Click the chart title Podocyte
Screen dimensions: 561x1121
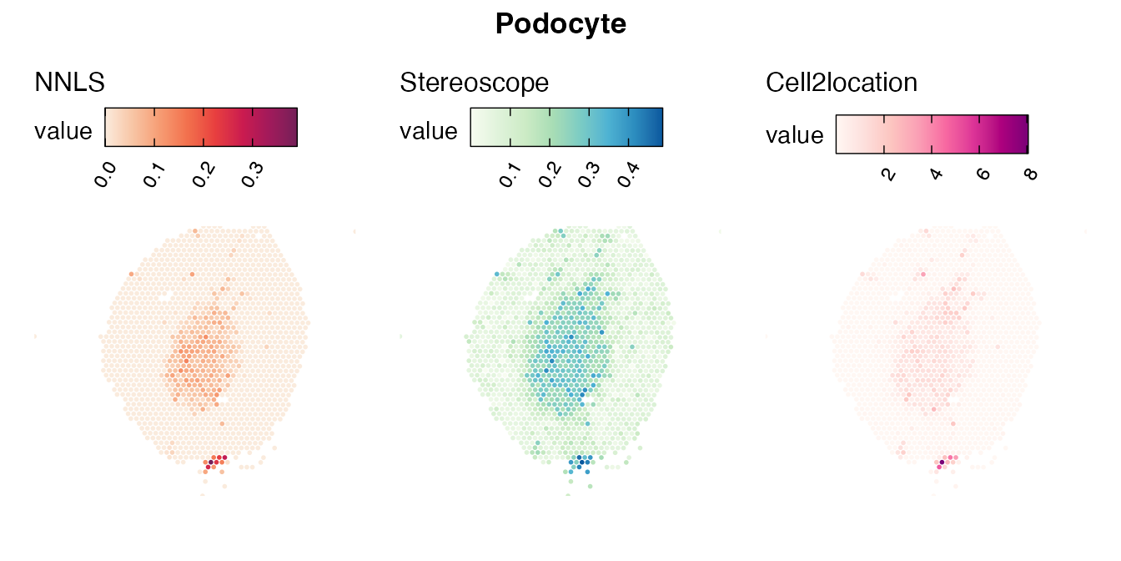point(560,24)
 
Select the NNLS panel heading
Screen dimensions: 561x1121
point(69,82)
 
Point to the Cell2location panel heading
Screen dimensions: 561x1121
point(842,82)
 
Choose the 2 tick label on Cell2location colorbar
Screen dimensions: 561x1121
point(888,174)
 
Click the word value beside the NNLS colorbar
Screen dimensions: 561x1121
point(63,131)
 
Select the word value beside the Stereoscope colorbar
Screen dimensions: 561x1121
point(429,131)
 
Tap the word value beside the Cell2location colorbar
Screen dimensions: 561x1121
point(794,135)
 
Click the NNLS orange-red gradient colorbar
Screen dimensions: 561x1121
point(201,127)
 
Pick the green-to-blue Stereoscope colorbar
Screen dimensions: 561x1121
point(566,127)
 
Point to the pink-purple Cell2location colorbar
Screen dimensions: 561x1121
point(932,134)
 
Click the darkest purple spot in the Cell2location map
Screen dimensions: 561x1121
point(943,462)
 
